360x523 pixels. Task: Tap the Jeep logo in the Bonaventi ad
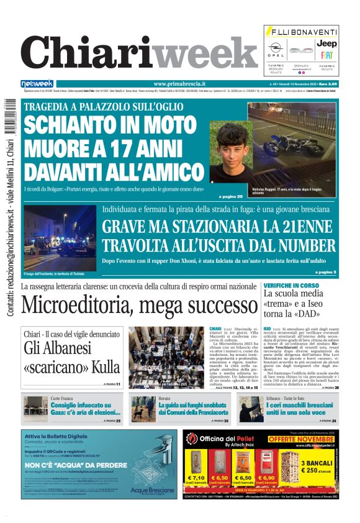tap(326, 44)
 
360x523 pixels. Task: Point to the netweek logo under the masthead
tap(37, 84)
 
